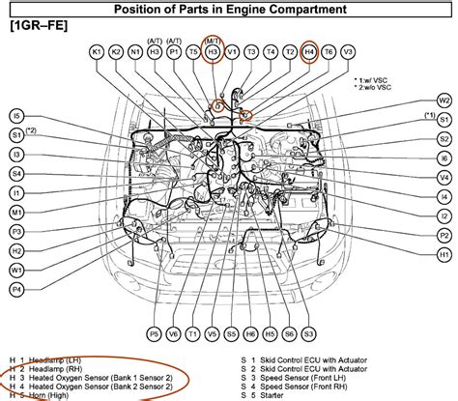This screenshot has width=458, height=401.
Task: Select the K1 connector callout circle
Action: tap(96, 51)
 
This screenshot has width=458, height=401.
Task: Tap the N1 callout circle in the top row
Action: tap(134, 51)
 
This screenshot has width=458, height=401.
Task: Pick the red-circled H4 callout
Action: tap(309, 51)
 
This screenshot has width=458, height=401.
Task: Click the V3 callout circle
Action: tap(348, 51)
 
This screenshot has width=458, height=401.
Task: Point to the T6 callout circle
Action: tap(329, 51)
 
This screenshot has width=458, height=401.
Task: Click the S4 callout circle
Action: tap(17, 174)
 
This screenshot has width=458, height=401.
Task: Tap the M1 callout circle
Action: tap(17, 212)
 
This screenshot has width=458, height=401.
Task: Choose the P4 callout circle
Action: tap(17, 289)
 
